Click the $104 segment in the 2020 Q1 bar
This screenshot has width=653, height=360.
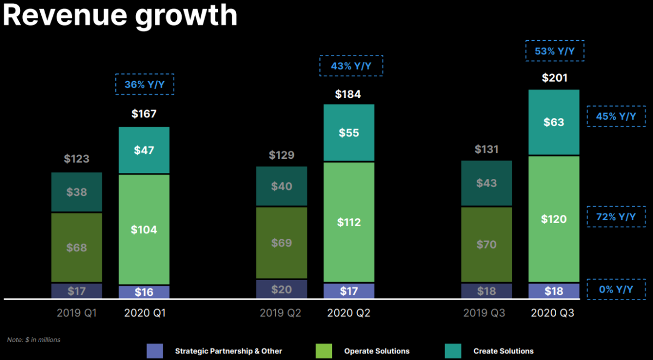[x=144, y=229]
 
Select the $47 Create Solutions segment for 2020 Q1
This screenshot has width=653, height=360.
[x=144, y=150]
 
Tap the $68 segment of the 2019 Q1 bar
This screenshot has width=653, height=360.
[x=77, y=247]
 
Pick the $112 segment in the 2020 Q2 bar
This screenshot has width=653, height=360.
[x=349, y=222]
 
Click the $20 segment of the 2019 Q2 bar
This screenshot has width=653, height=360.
[x=281, y=289]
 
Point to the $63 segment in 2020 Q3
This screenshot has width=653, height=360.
[x=553, y=122]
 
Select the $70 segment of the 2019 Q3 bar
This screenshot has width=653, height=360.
[x=486, y=244]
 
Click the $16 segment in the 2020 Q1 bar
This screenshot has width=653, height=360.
[x=144, y=292]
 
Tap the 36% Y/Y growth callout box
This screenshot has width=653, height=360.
[x=144, y=84]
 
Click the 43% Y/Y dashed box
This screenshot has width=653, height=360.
[x=351, y=66]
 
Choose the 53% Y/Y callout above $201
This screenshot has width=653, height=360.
[x=555, y=51]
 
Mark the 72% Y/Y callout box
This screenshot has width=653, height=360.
[x=616, y=216]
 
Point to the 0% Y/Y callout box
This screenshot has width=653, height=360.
[x=616, y=289]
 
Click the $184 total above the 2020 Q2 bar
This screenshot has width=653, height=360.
[x=348, y=94]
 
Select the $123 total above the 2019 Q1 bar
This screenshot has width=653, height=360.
[x=77, y=159]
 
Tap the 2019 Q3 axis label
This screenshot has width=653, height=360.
[x=484, y=313]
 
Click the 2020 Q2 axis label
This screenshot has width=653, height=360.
[x=348, y=313]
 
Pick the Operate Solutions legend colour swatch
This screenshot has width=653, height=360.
[x=323, y=351]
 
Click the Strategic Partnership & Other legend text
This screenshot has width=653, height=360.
[x=229, y=351]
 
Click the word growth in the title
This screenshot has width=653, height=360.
[x=186, y=15]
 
